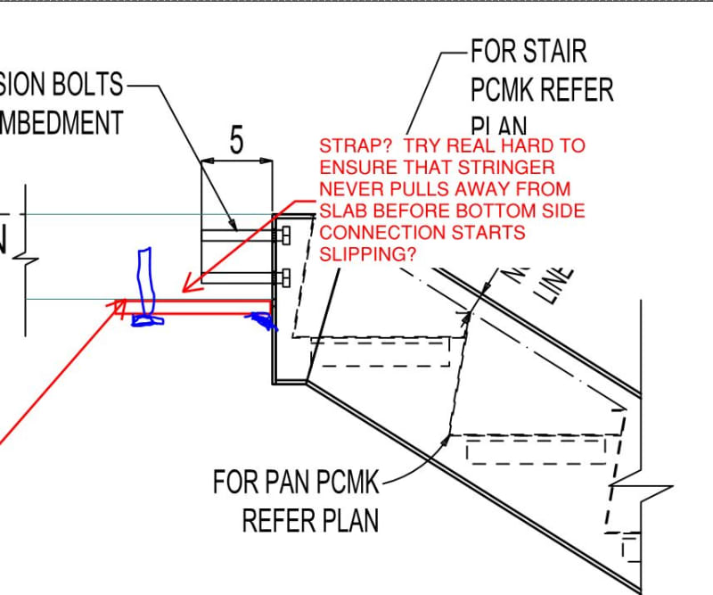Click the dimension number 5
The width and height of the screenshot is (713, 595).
[x=236, y=141]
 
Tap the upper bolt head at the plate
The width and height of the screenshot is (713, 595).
[x=285, y=237]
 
